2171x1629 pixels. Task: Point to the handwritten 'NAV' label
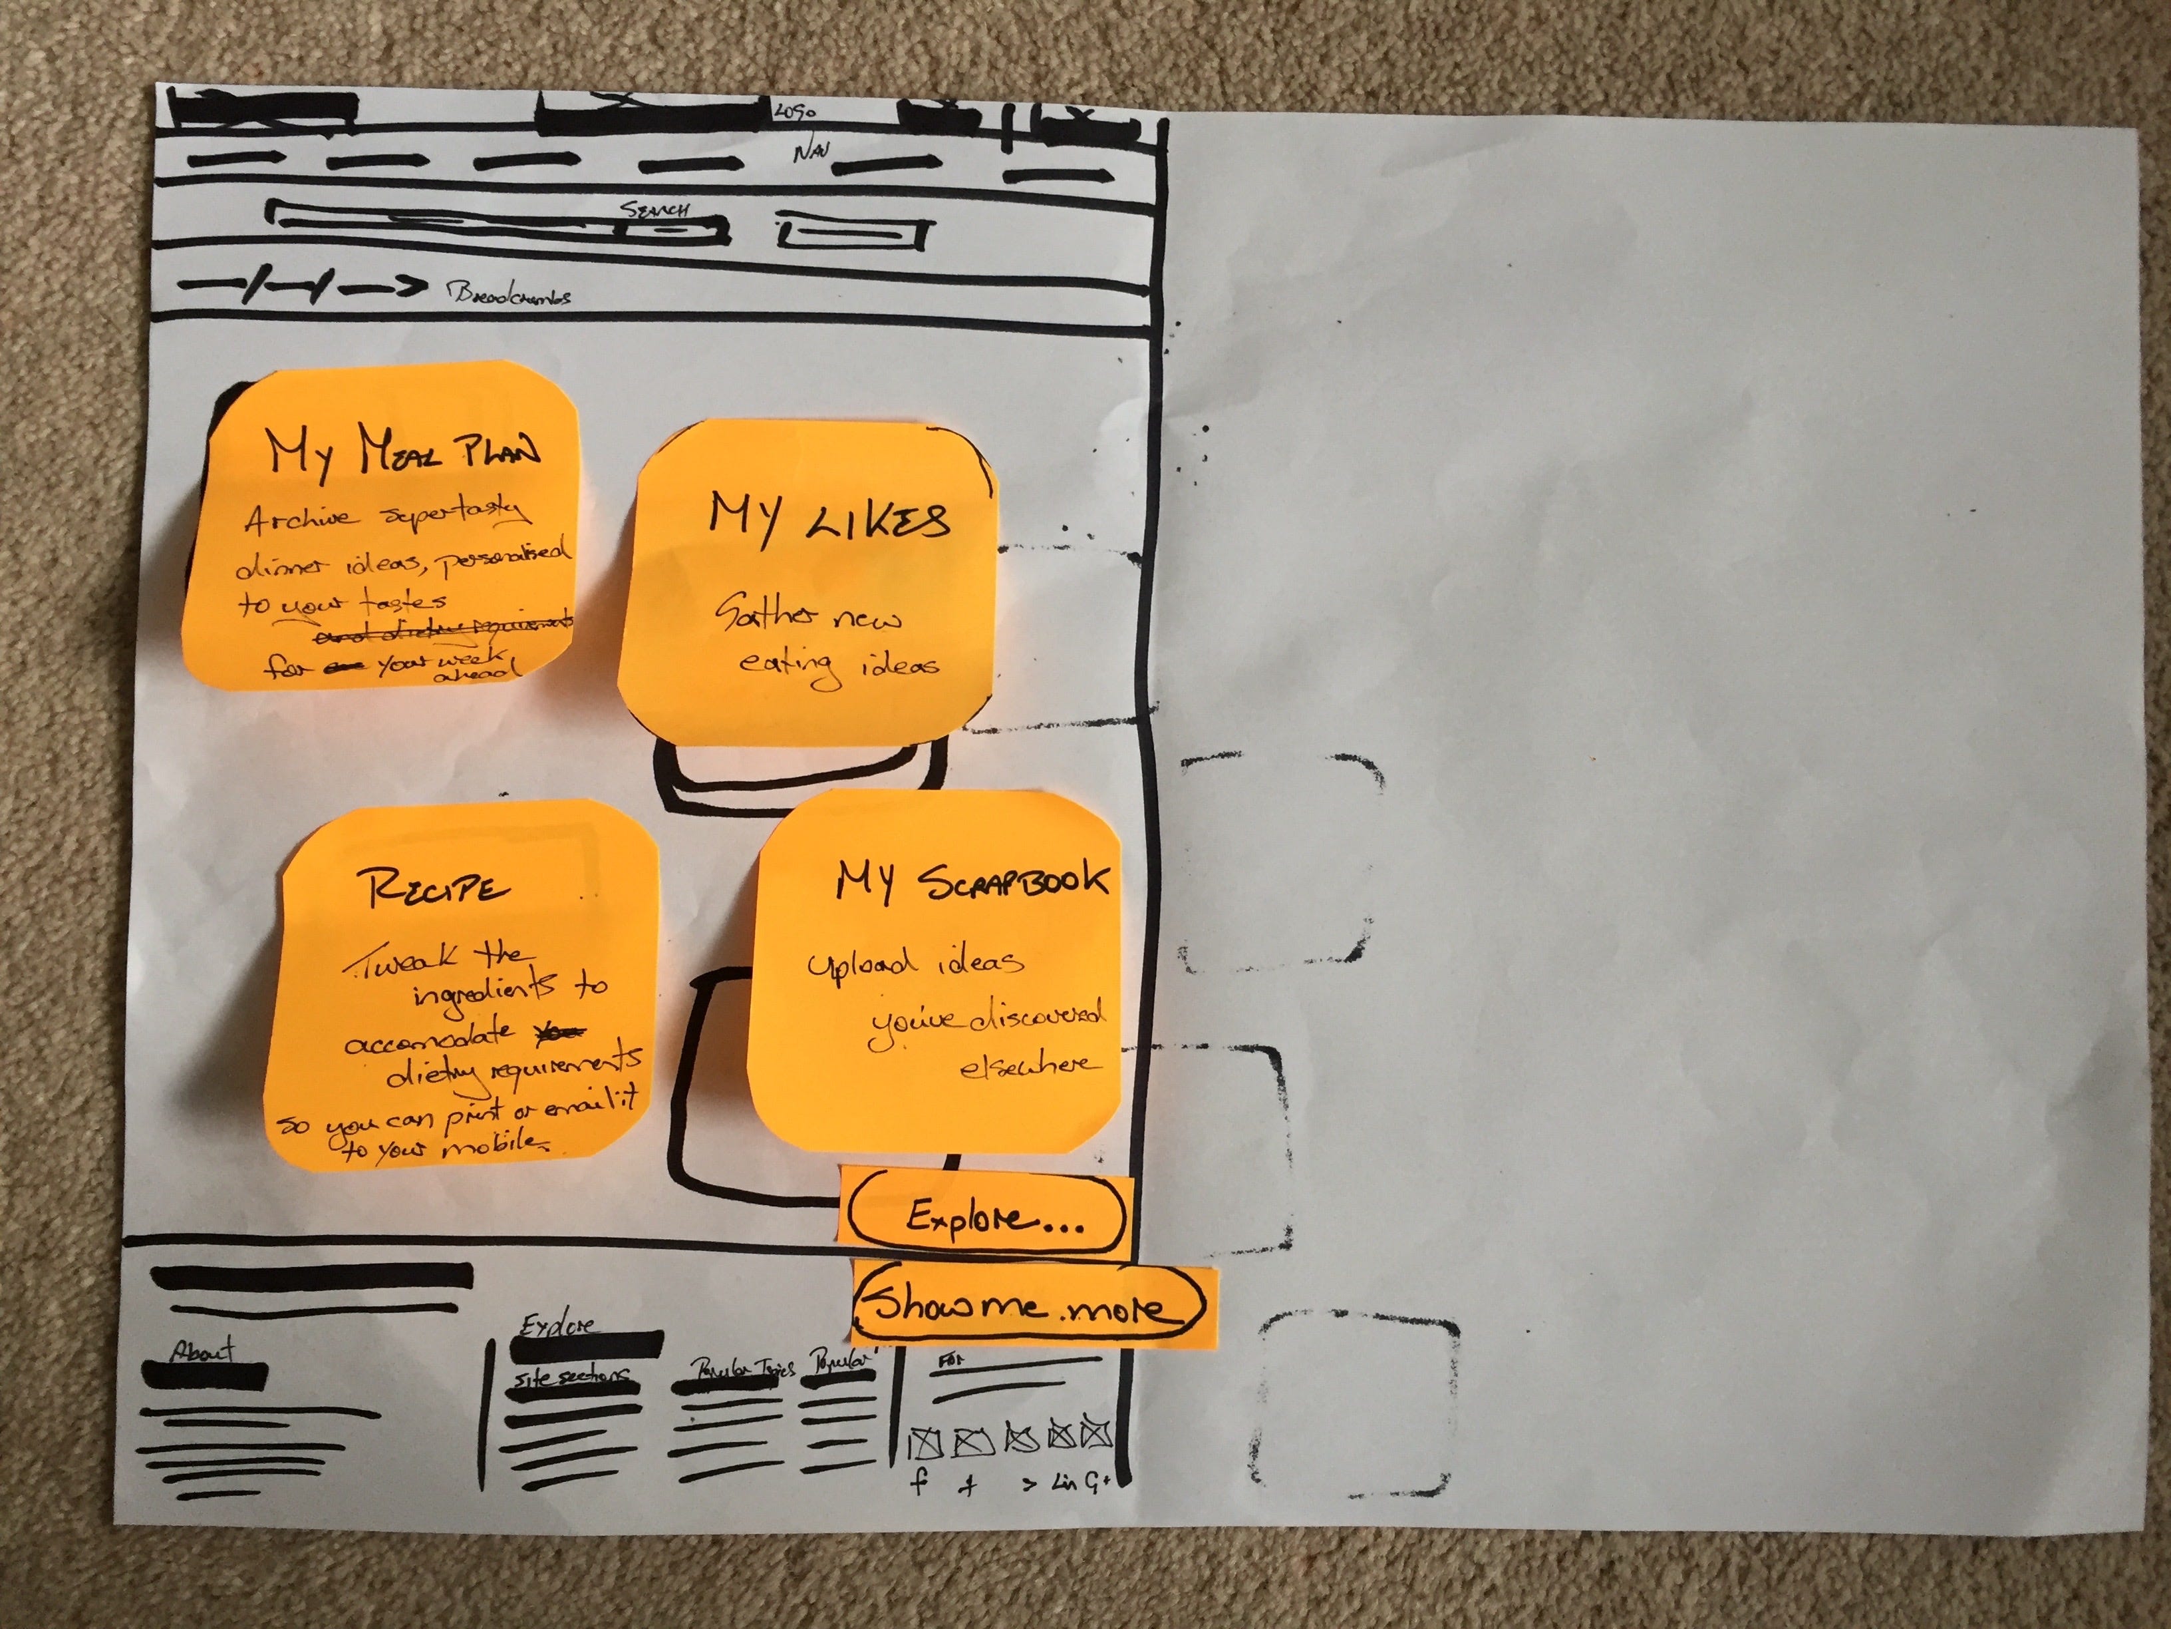point(811,151)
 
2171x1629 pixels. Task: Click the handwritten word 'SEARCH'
point(654,208)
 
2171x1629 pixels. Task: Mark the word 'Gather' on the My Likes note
point(764,613)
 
